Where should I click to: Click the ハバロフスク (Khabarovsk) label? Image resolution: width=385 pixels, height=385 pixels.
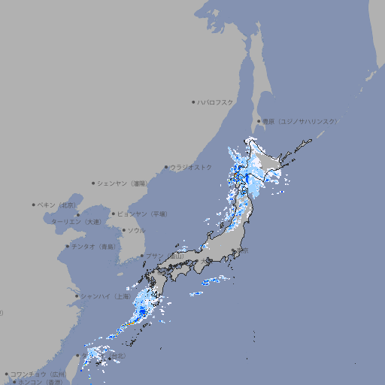[216, 102]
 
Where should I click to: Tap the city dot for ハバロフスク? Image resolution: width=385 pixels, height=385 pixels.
[193, 102]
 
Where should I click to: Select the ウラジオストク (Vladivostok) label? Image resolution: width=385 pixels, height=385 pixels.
[191, 167]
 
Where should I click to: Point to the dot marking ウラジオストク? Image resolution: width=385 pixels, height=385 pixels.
[166, 168]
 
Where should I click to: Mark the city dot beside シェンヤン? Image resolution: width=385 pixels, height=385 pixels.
[94, 183]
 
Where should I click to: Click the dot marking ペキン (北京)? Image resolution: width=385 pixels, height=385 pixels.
[34, 205]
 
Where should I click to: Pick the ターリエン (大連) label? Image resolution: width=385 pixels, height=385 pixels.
[76, 222]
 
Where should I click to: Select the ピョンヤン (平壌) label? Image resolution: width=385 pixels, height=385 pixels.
[143, 214]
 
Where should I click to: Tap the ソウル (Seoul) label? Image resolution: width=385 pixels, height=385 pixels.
[136, 230]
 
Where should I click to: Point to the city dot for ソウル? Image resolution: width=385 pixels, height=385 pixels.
[123, 230]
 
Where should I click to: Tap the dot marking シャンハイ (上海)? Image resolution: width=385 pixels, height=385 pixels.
[77, 296]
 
